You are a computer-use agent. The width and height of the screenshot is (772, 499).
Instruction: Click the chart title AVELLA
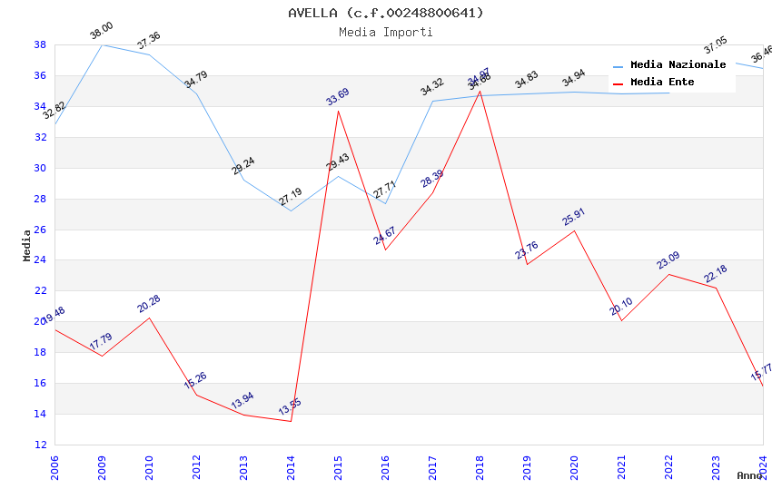click(x=385, y=13)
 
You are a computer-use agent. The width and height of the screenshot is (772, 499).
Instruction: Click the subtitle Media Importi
click(x=385, y=32)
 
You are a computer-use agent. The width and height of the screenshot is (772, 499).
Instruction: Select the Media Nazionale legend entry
click(x=678, y=65)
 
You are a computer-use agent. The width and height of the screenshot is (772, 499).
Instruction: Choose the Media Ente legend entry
click(x=662, y=83)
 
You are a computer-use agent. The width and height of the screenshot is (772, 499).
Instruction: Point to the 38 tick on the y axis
click(x=40, y=44)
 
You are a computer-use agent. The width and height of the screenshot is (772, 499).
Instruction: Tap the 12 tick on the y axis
click(x=40, y=445)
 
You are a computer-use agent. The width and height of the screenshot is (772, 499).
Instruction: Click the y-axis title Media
click(x=26, y=245)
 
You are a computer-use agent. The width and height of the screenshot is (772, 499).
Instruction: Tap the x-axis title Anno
click(x=749, y=475)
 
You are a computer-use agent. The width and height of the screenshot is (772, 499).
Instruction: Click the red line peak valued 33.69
click(x=338, y=111)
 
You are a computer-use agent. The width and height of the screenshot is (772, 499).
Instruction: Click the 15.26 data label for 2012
click(x=195, y=381)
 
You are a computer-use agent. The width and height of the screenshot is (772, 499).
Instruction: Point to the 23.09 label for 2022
click(x=668, y=260)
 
